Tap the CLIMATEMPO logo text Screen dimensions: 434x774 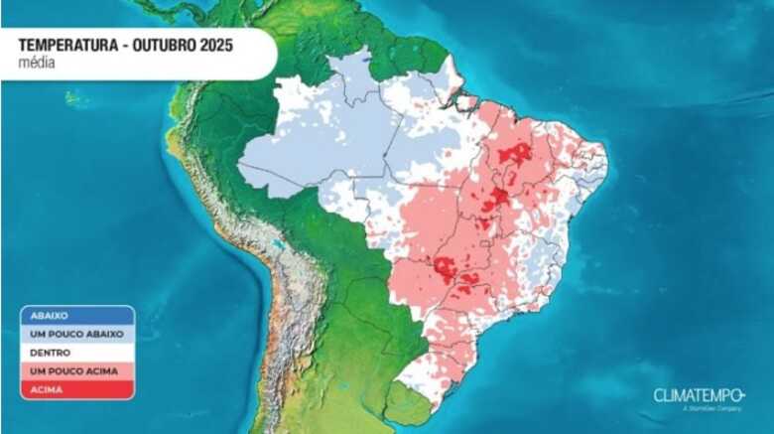pyautogui.click(x=698, y=395)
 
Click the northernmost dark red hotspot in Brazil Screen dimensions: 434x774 pyautogui.click(x=515, y=153)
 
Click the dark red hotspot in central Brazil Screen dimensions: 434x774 pyautogui.click(x=495, y=199)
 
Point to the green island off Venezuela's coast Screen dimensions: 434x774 pyautogui.click(x=75, y=97)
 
